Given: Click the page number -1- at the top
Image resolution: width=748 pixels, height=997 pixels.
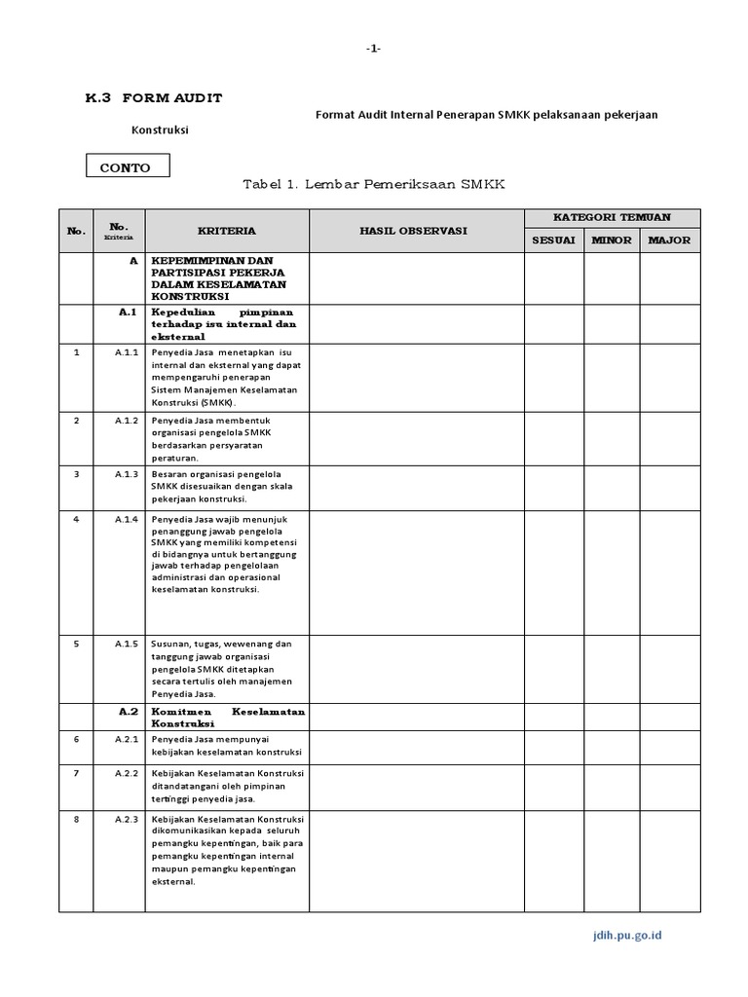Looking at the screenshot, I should [373, 50].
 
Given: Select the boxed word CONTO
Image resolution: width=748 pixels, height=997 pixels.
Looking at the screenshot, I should [127, 167].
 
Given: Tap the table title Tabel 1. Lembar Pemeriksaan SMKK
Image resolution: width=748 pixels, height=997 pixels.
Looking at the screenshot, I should [373, 185].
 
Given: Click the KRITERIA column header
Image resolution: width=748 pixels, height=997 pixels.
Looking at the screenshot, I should [227, 231].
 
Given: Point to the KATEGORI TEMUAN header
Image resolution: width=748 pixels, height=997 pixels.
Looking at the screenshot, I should [612, 217].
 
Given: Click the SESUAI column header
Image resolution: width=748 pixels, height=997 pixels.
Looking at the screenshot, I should [553, 240].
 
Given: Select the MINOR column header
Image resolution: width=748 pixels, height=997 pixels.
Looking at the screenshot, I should [611, 240].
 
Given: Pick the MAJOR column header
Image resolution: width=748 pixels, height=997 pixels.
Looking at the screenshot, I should [669, 240].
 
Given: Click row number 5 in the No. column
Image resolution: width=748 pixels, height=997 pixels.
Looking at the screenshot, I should [76, 644].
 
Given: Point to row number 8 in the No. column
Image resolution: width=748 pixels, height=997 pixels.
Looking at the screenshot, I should [76, 819].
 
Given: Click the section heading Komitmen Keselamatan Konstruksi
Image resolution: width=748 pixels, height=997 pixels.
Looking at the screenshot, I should [228, 718].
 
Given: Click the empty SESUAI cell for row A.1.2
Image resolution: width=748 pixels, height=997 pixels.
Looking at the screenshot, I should [553, 438].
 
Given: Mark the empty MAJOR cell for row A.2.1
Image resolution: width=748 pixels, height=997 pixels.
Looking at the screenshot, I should [669, 746].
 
